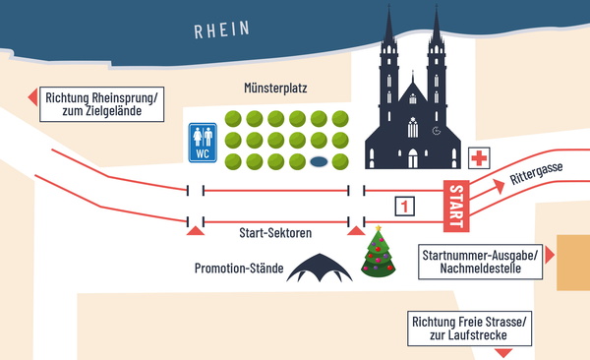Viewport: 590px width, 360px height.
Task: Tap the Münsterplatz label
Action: (x=276, y=89)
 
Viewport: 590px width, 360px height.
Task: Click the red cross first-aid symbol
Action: (x=480, y=159)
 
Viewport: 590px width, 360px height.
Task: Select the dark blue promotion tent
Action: (x=319, y=268)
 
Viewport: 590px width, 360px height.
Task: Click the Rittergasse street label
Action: (x=536, y=177)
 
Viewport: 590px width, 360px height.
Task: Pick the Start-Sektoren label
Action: (x=275, y=234)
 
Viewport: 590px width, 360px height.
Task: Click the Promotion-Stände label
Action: (x=238, y=269)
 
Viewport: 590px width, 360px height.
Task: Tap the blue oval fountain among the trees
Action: (x=318, y=161)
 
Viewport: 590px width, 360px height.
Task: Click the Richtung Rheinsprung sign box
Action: (x=102, y=104)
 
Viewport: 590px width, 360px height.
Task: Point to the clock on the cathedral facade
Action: (x=436, y=130)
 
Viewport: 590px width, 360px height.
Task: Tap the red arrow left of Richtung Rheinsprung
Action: (x=32, y=96)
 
